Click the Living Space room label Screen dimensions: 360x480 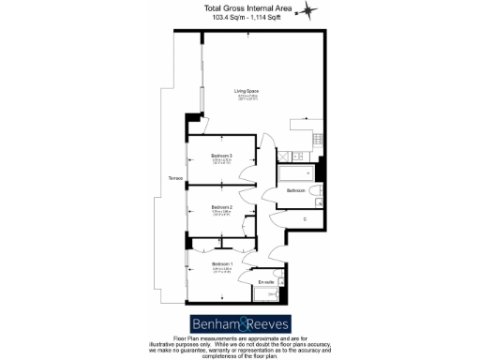point(247,91)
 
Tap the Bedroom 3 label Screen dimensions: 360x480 point(221,155)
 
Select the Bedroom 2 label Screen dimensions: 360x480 point(221,206)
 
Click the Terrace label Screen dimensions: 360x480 point(174,178)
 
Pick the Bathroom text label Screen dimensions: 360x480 point(296,190)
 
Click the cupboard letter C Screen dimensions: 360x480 point(304,219)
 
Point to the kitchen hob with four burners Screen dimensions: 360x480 point(319,140)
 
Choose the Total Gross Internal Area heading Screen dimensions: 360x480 point(241,8)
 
